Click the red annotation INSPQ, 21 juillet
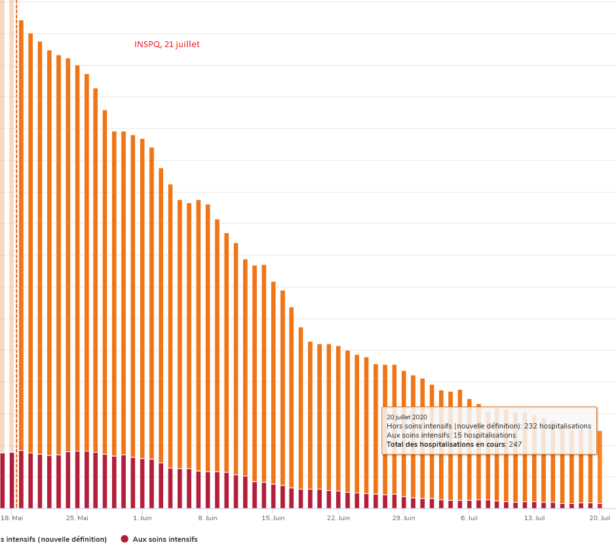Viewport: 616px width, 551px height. click(166, 45)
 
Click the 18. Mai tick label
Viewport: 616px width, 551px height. click(12, 518)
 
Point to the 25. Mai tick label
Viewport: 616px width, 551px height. click(77, 518)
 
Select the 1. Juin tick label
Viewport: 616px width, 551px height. click(142, 518)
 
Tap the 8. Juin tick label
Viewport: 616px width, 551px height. click(207, 518)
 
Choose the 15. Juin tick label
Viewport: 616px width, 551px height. click(273, 518)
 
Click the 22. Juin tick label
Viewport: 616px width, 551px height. click(339, 518)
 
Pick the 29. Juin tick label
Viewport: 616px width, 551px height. click(404, 518)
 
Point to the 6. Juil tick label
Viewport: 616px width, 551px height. click(469, 518)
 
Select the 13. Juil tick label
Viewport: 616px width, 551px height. click(535, 518)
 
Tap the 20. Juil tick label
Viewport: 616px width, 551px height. click(600, 518)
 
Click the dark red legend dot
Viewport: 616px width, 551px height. click(125, 539)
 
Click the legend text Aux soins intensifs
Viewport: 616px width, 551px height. click(165, 539)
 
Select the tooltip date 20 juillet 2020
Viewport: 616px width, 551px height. click(407, 417)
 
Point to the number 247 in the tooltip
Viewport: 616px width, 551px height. click(515, 444)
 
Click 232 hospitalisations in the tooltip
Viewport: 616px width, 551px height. click(558, 426)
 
